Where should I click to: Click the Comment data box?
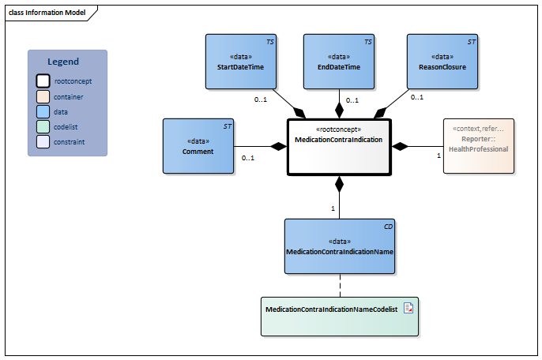coord(197,146)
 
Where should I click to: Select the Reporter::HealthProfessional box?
coord(478,145)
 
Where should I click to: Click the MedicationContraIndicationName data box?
coord(339,246)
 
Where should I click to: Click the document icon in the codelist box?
coord(408,309)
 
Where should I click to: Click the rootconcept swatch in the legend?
coord(43,81)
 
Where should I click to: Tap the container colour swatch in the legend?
coord(43,96)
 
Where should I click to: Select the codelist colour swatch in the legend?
coord(43,126)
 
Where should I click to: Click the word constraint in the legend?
coord(70,142)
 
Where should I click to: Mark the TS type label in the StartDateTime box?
coord(269,40)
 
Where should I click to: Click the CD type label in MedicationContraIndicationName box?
coord(388,227)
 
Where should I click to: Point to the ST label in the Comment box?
coord(228,126)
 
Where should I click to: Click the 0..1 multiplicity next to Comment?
coord(247,158)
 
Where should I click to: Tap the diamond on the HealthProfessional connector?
coord(401,146)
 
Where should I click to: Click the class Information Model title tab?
coord(47,13)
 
